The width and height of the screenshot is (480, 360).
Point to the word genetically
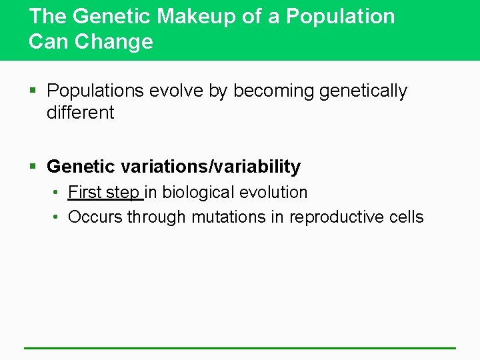[x=363, y=91]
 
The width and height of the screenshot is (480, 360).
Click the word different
[x=80, y=113]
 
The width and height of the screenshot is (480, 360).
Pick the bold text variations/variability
[x=211, y=166]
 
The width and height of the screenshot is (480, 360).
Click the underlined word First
[x=85, y=193]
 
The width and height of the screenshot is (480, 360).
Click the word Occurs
[x=95, y=217]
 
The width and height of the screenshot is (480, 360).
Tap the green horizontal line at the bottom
[x=240, y=347]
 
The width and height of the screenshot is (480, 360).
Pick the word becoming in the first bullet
[x=273, y=91]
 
